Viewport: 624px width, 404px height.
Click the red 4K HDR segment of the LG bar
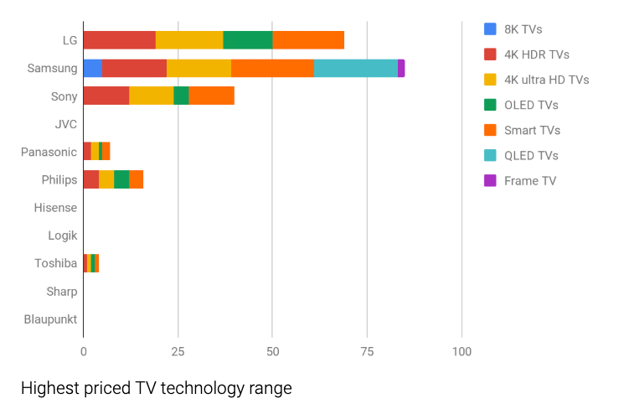119,40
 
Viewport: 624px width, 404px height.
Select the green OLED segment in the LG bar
248,40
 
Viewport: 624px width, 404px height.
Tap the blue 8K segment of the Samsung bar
92,68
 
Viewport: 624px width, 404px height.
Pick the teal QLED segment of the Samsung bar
356,68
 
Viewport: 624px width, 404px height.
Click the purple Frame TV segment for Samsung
401,68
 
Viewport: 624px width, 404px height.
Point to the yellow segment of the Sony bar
152,96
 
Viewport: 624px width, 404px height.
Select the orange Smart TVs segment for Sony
212,96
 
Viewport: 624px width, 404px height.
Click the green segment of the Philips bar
121,179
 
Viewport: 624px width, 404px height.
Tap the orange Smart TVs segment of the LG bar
308,40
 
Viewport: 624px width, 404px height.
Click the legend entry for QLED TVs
531,155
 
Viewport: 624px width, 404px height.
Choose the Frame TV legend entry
529,180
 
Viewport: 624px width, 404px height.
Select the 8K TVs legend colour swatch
491,29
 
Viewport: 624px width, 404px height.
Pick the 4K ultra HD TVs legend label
546,80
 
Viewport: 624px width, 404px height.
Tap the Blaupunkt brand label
50,319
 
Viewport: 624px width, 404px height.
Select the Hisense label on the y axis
55,208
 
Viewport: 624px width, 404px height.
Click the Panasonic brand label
49,152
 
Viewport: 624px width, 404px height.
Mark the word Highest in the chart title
51,388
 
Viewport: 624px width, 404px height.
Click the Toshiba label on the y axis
55,263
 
